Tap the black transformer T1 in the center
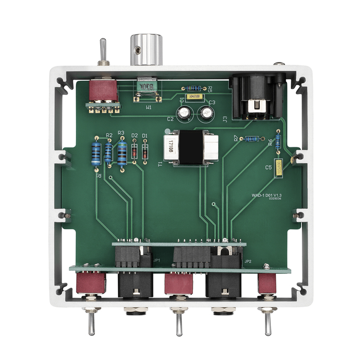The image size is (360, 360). (x=188, y=149)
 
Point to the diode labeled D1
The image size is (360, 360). (x=145, y=150)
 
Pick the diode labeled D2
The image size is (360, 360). (x=134, y=151)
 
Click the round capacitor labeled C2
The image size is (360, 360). (x=183, y=113)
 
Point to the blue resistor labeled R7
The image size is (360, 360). (x=253, y=138)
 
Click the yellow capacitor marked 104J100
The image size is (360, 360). (x=195, y=96)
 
